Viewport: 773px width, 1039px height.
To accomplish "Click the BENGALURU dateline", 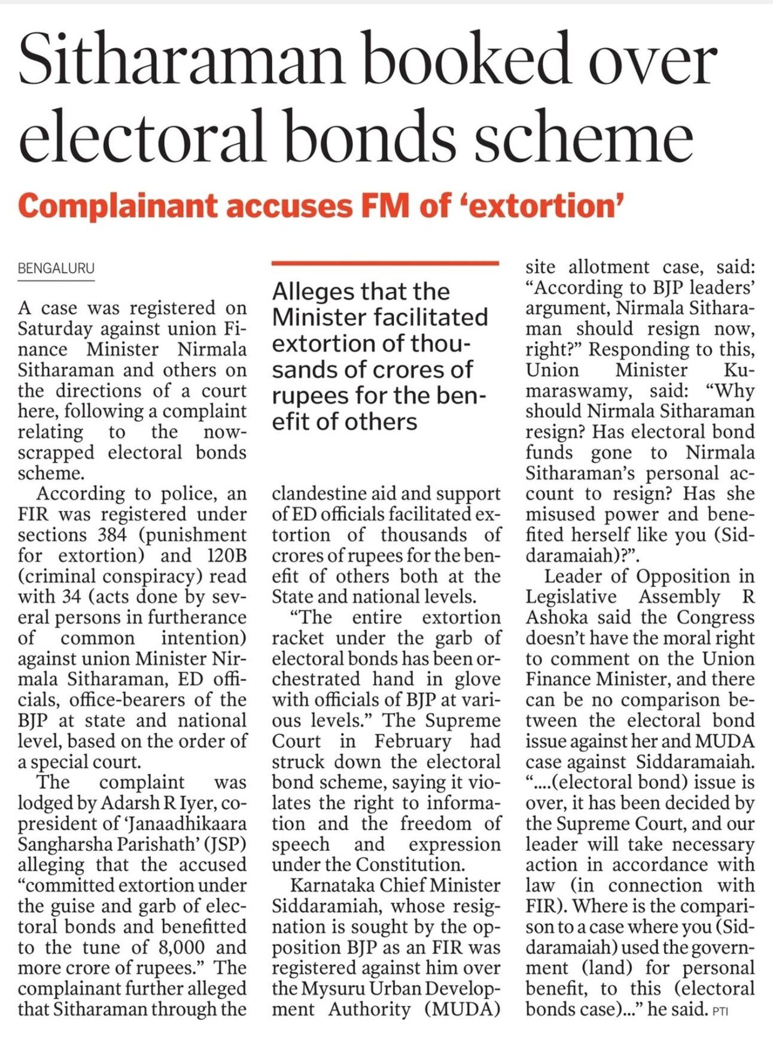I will click(56, 269).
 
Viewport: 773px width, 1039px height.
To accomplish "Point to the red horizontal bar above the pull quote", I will click(385, 263).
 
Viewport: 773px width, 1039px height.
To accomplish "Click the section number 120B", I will click(227, 555).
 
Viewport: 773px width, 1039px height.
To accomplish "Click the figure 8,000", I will click(181, 947).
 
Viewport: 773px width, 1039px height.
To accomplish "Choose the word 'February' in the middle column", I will click(413, 741).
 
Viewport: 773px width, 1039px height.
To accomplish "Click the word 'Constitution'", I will click(411, 865).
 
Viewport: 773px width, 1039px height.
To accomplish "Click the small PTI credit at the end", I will click(721, 1012).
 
